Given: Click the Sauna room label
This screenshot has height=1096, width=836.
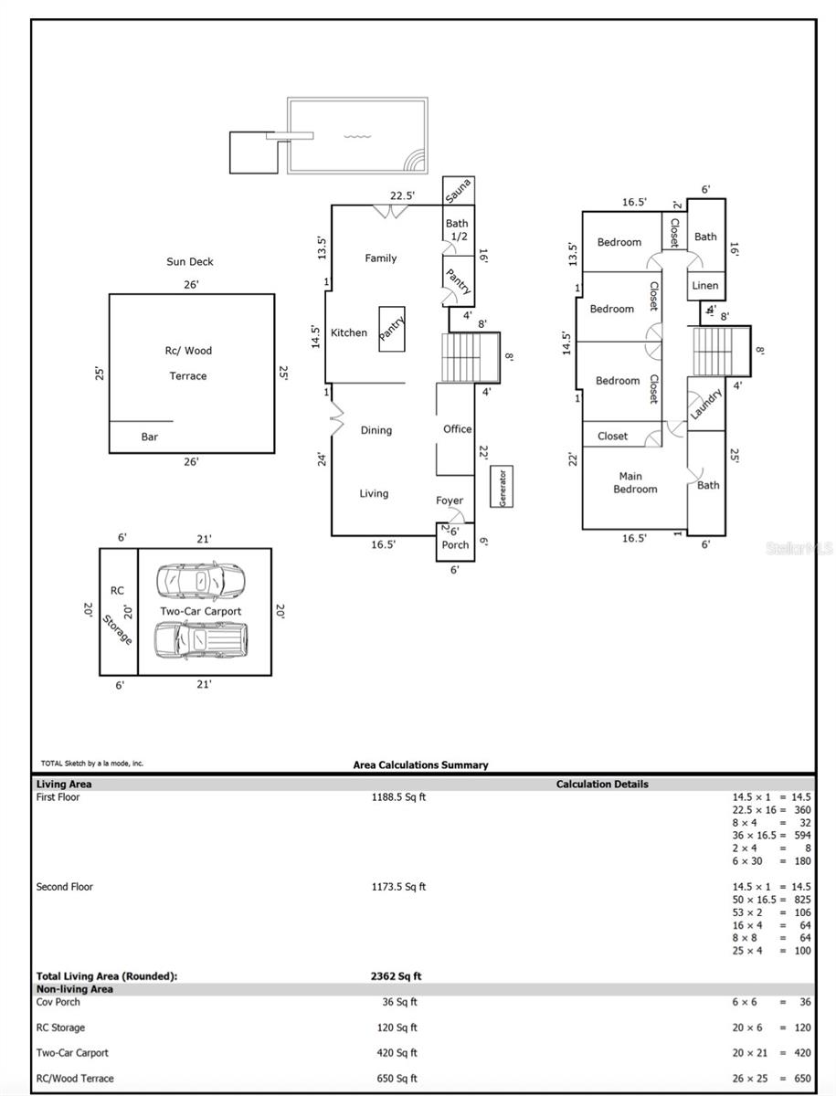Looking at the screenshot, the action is (458, 191).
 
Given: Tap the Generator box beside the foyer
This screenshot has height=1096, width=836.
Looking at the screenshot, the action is (502, 486).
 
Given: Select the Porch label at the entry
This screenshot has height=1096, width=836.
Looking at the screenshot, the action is (455, 544).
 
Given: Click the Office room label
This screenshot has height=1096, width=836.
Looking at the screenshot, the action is (457, 429).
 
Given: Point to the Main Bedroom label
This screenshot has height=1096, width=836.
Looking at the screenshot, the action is (635, 482).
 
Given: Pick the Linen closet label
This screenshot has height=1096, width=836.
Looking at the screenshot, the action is (704, 286).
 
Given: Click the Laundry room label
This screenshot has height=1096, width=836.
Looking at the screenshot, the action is (705, 404).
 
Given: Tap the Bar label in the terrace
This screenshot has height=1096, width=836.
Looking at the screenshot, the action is (149, 437).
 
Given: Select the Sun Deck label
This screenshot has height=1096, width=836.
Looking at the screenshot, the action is (190, 261).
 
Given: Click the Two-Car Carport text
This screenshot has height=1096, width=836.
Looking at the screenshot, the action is (200, 611).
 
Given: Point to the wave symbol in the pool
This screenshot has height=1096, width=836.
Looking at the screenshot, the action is (357, 136).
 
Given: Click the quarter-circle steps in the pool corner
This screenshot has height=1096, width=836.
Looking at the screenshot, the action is (414, 161).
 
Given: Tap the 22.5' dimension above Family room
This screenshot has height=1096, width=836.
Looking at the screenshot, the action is (402, 195).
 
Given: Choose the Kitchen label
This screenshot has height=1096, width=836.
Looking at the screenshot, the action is (349, 332).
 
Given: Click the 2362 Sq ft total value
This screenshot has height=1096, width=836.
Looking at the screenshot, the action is (396, 976).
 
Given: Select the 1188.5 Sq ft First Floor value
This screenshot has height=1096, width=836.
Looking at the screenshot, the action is (398, 797).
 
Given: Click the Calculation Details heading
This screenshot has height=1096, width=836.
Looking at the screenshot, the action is (602, 784).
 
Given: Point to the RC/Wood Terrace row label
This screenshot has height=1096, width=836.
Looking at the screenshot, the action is (75, 1079).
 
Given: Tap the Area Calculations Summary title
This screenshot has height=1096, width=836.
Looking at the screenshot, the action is (420, 765).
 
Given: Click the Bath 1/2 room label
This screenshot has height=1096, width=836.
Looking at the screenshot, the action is (457, 229).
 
